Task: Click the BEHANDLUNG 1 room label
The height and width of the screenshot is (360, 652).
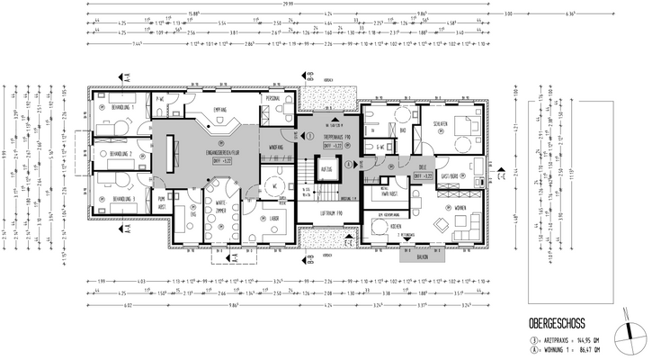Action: click(121, 106)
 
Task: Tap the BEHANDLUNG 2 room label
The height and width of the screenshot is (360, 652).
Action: click(121, 154)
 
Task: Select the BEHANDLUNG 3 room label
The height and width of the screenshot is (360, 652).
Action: click(121, 197)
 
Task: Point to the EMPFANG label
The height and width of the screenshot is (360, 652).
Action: click(219, 111)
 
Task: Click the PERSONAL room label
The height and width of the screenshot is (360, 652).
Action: click(273, 98)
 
